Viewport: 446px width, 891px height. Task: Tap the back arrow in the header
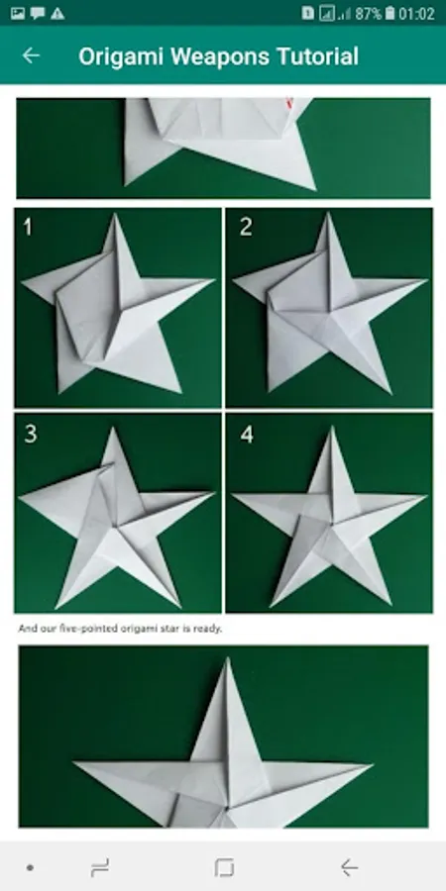(31, 55)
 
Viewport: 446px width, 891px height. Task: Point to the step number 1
(28, 228)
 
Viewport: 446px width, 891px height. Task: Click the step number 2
(246, 227)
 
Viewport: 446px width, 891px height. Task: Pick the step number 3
(31, 434)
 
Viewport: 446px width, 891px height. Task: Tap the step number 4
(247, 435)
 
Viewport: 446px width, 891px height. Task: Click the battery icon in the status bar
(390, 13)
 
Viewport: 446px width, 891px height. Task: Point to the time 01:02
(416, 14)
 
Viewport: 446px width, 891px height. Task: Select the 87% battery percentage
(369, 14)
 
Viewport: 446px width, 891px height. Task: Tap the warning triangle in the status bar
(57, 14)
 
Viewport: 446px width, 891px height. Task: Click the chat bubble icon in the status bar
(38, 14)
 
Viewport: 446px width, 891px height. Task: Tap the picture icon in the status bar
(18, 14)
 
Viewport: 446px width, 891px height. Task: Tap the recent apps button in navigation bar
(100, 867)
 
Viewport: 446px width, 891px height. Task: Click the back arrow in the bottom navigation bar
(349, 867)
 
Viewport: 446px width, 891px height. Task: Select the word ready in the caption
(206, 629)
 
